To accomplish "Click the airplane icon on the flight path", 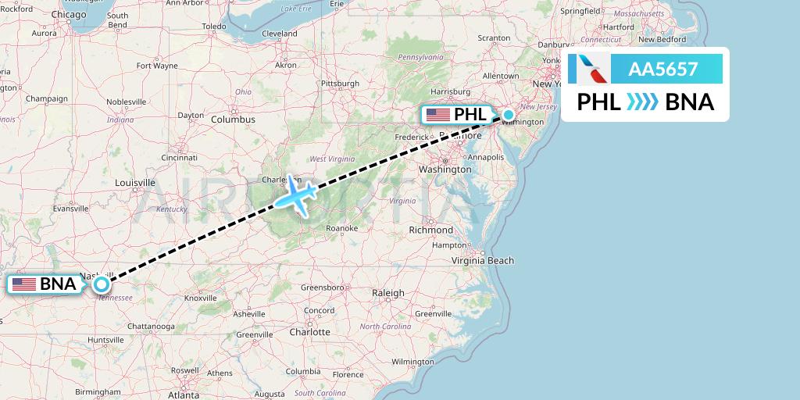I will click(294, 195).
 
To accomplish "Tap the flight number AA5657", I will click(663, 70).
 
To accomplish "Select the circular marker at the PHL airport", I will click(509, 116).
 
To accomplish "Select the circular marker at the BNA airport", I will click(102, 284).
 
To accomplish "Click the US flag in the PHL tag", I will click(437, 115).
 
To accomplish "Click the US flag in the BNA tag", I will click(24, 284).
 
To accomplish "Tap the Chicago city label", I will click(69, 14).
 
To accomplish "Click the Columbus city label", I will click(233, 120).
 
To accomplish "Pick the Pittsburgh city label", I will click(340, 83).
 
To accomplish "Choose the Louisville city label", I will click(134, 183).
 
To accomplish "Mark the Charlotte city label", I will click(310, 331).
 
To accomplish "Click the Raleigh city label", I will click(388, 293).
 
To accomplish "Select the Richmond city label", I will click(430, 230).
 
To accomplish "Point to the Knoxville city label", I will click(201, 298).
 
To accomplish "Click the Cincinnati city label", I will click(179, 157).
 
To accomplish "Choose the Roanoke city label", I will click(342, 228).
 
